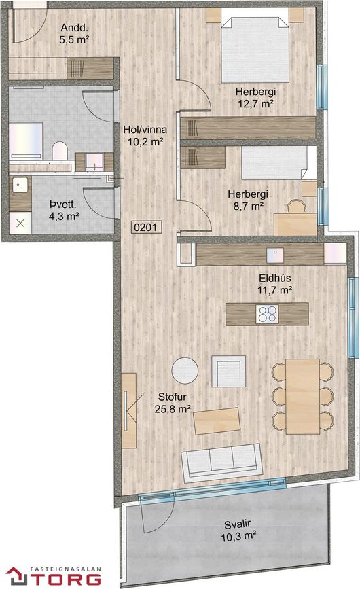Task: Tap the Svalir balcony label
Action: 238,524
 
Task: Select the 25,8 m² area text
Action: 173,409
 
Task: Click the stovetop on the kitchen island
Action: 267,314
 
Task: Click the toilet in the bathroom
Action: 59,151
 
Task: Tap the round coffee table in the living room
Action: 185,370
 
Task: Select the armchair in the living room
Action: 229,372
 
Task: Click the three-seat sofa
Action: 221,463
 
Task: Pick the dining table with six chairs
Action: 302,396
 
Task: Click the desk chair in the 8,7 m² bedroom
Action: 297,207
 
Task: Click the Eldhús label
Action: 275,279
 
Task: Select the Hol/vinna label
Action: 145,130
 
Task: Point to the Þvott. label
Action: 63,204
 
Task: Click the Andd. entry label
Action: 74,28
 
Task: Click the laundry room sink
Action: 20,185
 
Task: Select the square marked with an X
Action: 20,223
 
